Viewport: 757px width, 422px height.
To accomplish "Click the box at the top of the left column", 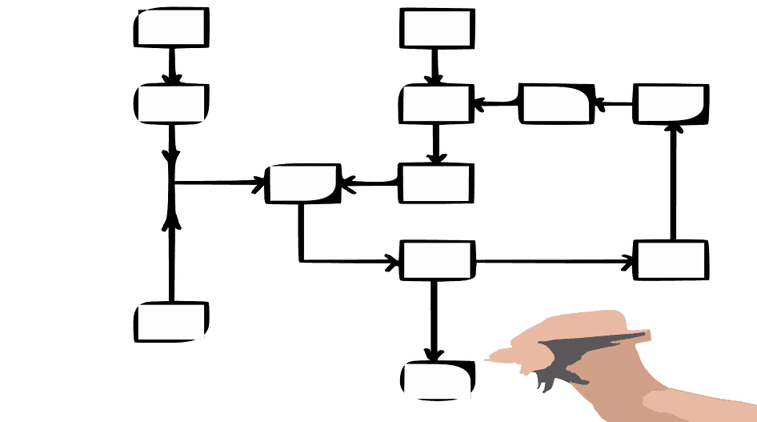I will pos(171,28).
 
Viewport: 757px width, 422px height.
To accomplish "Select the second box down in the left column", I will pos(171,104).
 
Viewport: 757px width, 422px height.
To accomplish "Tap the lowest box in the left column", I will pos(171,322).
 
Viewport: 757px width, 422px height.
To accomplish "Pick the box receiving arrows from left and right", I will pos(302,183).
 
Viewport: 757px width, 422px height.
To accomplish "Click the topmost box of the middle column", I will pos(436,28).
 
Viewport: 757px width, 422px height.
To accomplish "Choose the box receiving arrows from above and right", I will pos(436,104).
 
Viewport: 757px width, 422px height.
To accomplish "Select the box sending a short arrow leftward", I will pos(436,183).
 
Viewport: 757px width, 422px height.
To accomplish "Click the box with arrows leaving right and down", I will pos(436,260).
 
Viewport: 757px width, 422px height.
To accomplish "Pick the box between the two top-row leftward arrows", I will pos(556,104).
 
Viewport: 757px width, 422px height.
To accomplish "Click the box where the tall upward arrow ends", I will pos(671,104).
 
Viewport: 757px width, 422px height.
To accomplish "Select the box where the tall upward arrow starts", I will pos(671,260).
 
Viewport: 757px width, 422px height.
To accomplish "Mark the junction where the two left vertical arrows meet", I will pos(170,183).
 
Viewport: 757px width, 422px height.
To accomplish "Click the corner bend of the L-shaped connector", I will pos(301,259).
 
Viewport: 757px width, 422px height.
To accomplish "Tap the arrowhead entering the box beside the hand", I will pos(434,355).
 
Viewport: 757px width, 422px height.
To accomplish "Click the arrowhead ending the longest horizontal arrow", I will pos(628,260).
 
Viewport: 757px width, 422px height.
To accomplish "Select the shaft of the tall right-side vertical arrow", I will pos(671,184).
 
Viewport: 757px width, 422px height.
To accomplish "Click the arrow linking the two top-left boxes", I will pos(171,64).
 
